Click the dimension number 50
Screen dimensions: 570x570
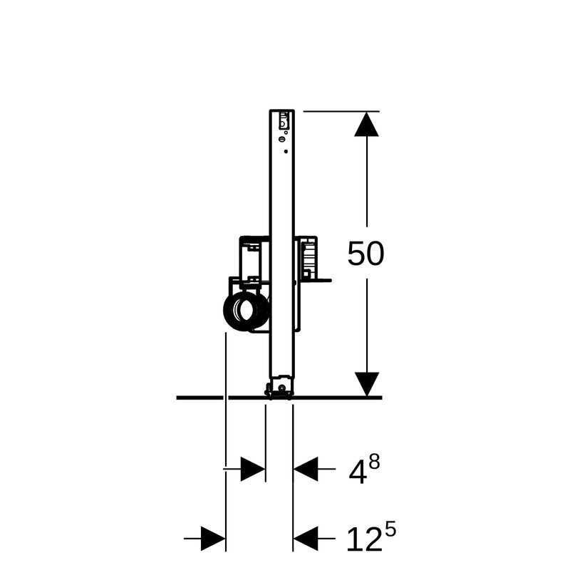tap(366, 254)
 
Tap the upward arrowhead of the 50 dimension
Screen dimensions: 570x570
tap(366, 124)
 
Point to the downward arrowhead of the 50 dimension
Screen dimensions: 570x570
tap(367, 384)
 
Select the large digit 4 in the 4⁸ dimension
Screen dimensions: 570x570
tap(358, 472)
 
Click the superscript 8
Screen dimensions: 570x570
tap(374, 462)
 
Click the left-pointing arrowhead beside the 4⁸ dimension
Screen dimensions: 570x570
tap(306, 469)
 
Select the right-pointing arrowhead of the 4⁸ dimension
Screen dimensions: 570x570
tap(253, 469)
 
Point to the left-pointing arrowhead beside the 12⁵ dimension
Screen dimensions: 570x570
tap(306, 539)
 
